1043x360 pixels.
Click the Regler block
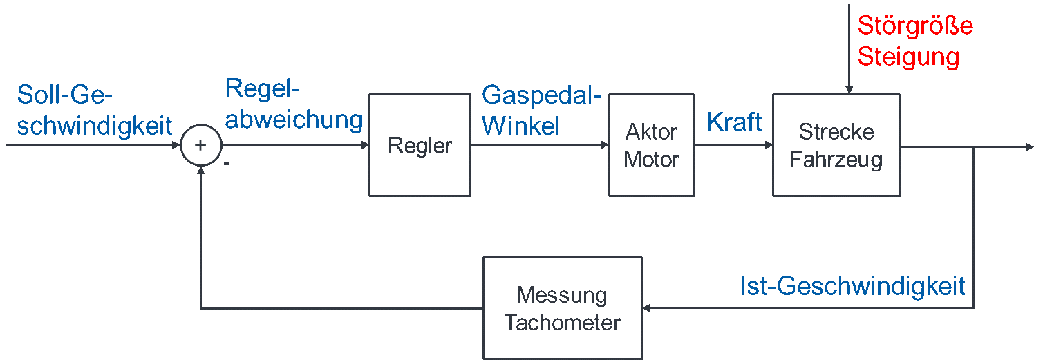(420, 145)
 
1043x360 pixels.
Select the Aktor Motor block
(651, 145)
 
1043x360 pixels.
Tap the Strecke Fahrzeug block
(836, 145)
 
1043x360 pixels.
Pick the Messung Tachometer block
(562, 308)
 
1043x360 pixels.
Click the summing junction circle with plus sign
(200, 145)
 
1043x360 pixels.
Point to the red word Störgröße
(915, 26)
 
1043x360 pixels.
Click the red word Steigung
(908, 57)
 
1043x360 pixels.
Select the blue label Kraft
(734, 122)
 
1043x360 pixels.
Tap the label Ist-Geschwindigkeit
(852, 286)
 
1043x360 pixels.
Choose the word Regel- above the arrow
(265, 88)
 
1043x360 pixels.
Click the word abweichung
(294, 119)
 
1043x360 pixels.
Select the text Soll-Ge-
(64, 95)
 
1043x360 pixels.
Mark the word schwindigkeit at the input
(94, 125)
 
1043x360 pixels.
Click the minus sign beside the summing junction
(226, 165)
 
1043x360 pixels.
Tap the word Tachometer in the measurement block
(562, 323)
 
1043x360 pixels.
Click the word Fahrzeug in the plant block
(836, 160)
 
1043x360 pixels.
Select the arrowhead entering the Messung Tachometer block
(648, 308)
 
